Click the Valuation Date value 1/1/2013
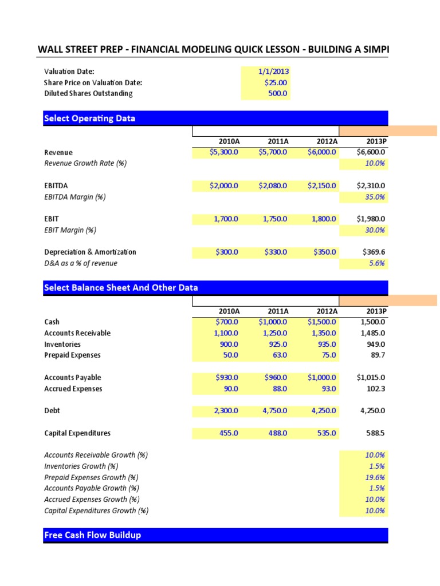(273, 72)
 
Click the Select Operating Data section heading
(90, 118)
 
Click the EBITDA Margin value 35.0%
(375, 197)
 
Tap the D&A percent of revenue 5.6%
(378, 263)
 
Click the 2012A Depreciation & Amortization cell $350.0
(325, 252)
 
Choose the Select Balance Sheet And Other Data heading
(121, 287)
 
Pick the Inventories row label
(62, 345)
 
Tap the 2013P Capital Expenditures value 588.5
(375, 433)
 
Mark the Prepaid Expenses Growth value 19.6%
(375, 477)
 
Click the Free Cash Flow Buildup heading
(92, 535)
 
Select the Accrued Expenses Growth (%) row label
(95, 500)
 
